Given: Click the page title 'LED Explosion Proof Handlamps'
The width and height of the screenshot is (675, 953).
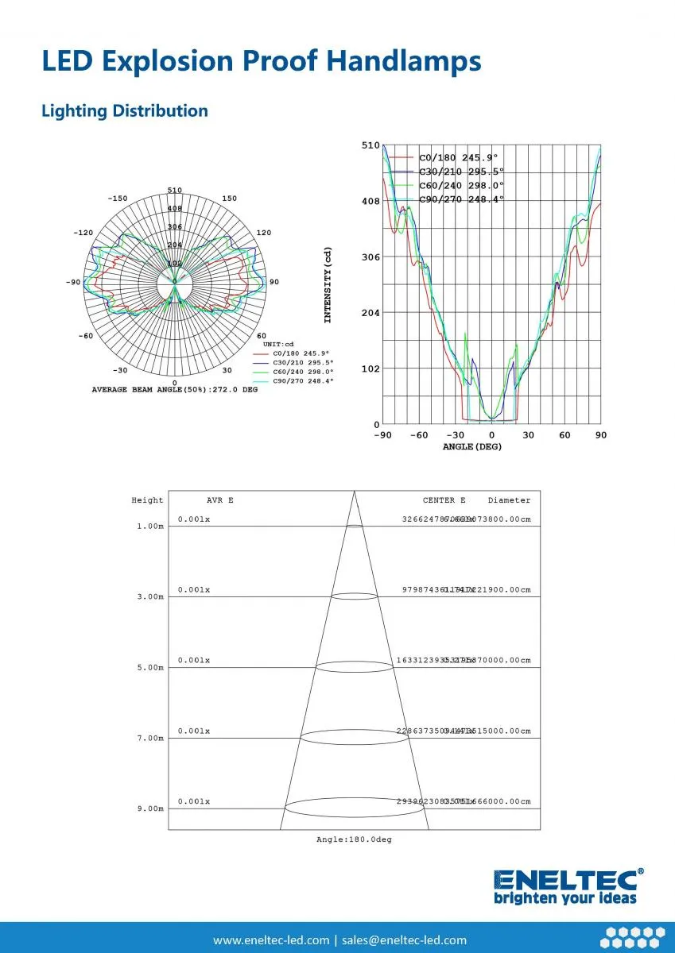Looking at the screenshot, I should (x=261, y=61).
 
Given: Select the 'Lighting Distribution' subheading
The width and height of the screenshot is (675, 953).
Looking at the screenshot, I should (x=124, y=111).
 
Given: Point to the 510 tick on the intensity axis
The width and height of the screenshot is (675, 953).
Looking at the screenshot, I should (x=370, y=146).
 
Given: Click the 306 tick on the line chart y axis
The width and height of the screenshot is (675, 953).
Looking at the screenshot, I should (x=370, y=257).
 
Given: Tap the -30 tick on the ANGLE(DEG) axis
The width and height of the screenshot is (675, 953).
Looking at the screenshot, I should (x=455, y=435).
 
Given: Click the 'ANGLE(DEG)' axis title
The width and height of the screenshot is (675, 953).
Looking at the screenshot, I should (x=472, y=447).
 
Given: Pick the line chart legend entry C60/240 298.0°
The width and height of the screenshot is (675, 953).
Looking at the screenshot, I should (x=461, y=186).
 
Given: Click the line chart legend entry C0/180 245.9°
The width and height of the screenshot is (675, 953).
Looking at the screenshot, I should (x=461, y=158).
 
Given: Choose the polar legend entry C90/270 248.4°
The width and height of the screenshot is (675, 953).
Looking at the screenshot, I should (x=303, y=381).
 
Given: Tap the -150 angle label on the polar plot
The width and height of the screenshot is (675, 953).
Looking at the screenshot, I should (x=117, y=199).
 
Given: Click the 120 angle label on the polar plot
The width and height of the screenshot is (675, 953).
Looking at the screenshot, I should (x=264, y=233).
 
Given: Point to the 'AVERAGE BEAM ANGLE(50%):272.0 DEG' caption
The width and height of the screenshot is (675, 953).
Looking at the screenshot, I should (x=174, y=390).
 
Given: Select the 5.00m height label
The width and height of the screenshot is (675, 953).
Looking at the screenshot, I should (x=150, y=668).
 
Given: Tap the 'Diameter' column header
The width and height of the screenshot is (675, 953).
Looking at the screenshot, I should (x=509, y=500).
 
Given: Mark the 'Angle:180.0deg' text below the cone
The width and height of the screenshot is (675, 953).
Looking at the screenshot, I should (x=354, y=840).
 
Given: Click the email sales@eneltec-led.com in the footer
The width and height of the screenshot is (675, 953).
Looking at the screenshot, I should (x=405, y=940).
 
